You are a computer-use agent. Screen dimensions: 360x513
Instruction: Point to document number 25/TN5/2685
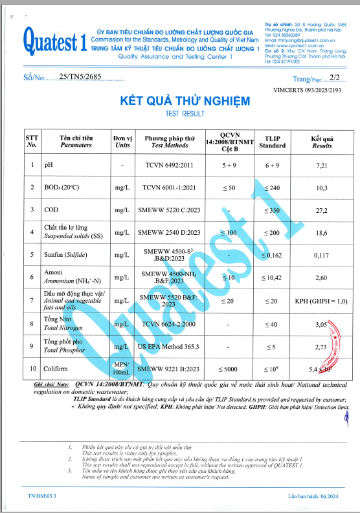77,77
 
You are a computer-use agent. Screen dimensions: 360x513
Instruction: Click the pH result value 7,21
322,166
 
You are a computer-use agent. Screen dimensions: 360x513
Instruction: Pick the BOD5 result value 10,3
322,188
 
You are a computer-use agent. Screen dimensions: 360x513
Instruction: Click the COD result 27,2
322,210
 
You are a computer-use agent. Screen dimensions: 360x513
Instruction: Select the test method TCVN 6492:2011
169,166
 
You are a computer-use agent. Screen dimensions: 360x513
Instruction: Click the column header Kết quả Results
322,142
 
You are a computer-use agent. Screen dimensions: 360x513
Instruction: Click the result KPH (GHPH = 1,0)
321,301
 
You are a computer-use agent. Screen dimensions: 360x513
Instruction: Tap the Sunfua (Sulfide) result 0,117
322,255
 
